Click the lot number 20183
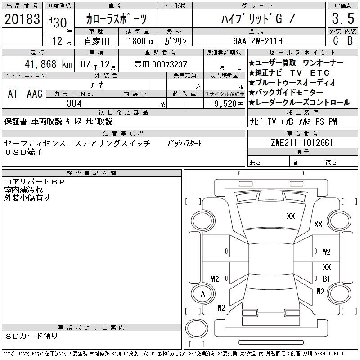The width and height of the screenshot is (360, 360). click(x=22, y=18)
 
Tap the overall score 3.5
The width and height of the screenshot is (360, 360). click(x=343, y=18)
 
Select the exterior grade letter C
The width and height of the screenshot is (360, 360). click(x=335, y=41)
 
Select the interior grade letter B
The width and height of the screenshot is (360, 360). click(x=350, y=41)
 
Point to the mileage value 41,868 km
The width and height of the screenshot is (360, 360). click(x=49, y=64)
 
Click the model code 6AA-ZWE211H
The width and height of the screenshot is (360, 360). click(x=258, y=41)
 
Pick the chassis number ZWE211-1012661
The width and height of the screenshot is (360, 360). click(x=302, y=143)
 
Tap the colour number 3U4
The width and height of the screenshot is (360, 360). click(x=74, y=103)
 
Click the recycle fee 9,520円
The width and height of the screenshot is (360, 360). click(x=229, y=104)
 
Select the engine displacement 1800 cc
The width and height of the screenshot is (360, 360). click(x=141, y=41)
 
